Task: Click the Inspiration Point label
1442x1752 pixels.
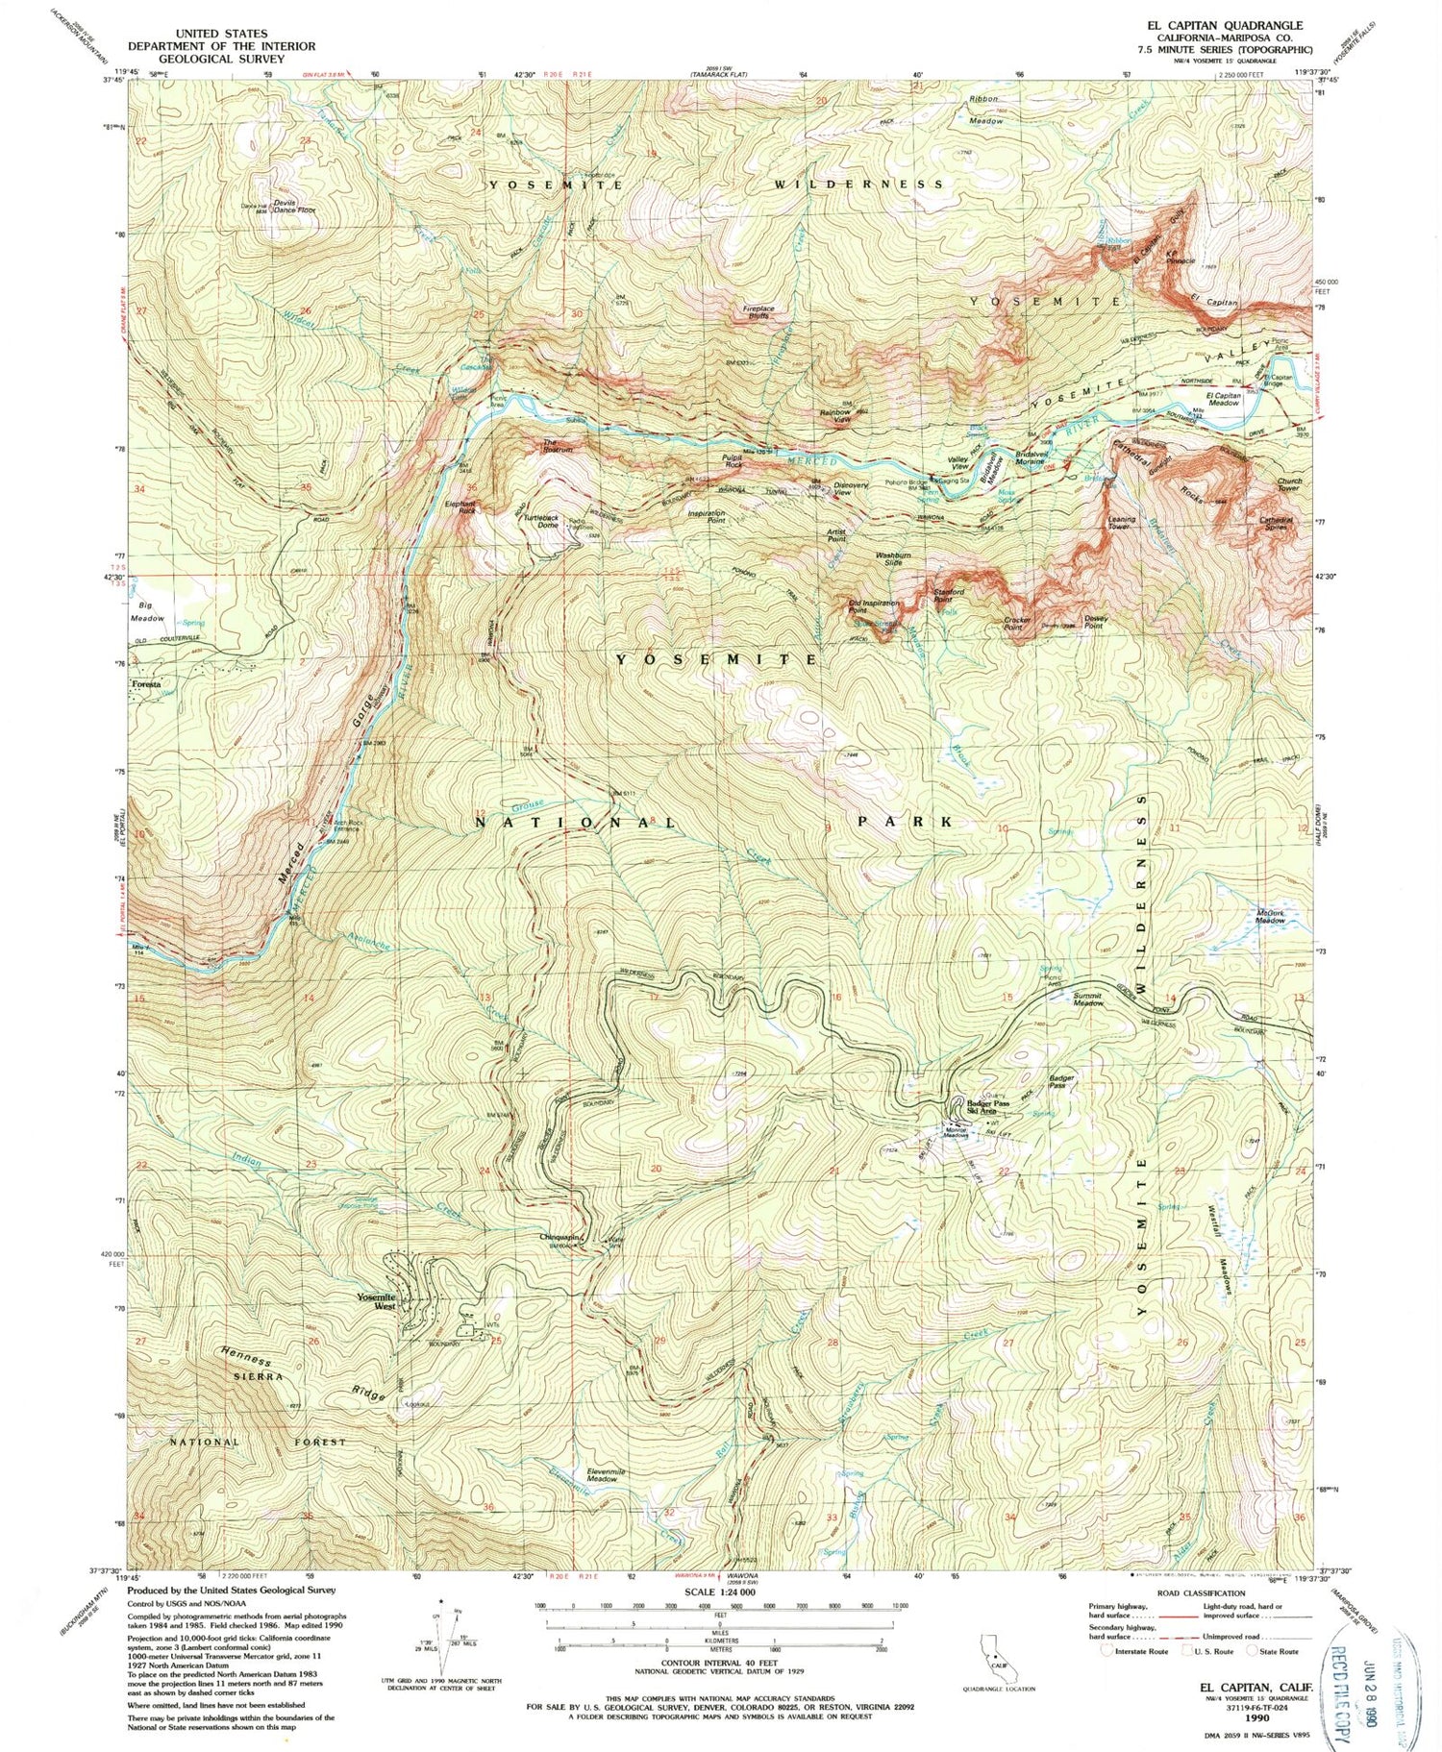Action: [707, 516]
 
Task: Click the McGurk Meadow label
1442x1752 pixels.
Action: [1270, 916]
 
